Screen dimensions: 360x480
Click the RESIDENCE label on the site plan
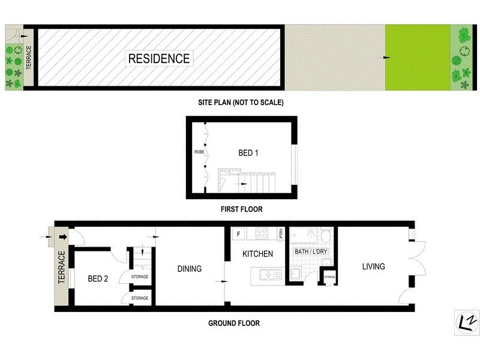(x=159, y=58)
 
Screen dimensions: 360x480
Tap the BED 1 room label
(x=248, y=153)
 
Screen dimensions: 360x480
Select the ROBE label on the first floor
(x=199, y=152)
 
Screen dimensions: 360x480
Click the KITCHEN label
(x=258, y=254)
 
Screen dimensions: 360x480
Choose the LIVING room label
(x=373, y=266)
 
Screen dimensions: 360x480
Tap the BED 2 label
(x=97, y=278)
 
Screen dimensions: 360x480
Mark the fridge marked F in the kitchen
(x=238, y=233)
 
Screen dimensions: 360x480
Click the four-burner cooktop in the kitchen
(x=262, y=233)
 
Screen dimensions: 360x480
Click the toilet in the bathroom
(x=325, y=235)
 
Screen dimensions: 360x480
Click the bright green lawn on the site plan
(x=418, y=58)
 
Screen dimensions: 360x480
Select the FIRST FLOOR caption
(x=242, y=209)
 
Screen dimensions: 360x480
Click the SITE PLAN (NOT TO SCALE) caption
(x=241, y=103)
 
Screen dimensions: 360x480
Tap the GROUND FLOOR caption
(x=234, y=323)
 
